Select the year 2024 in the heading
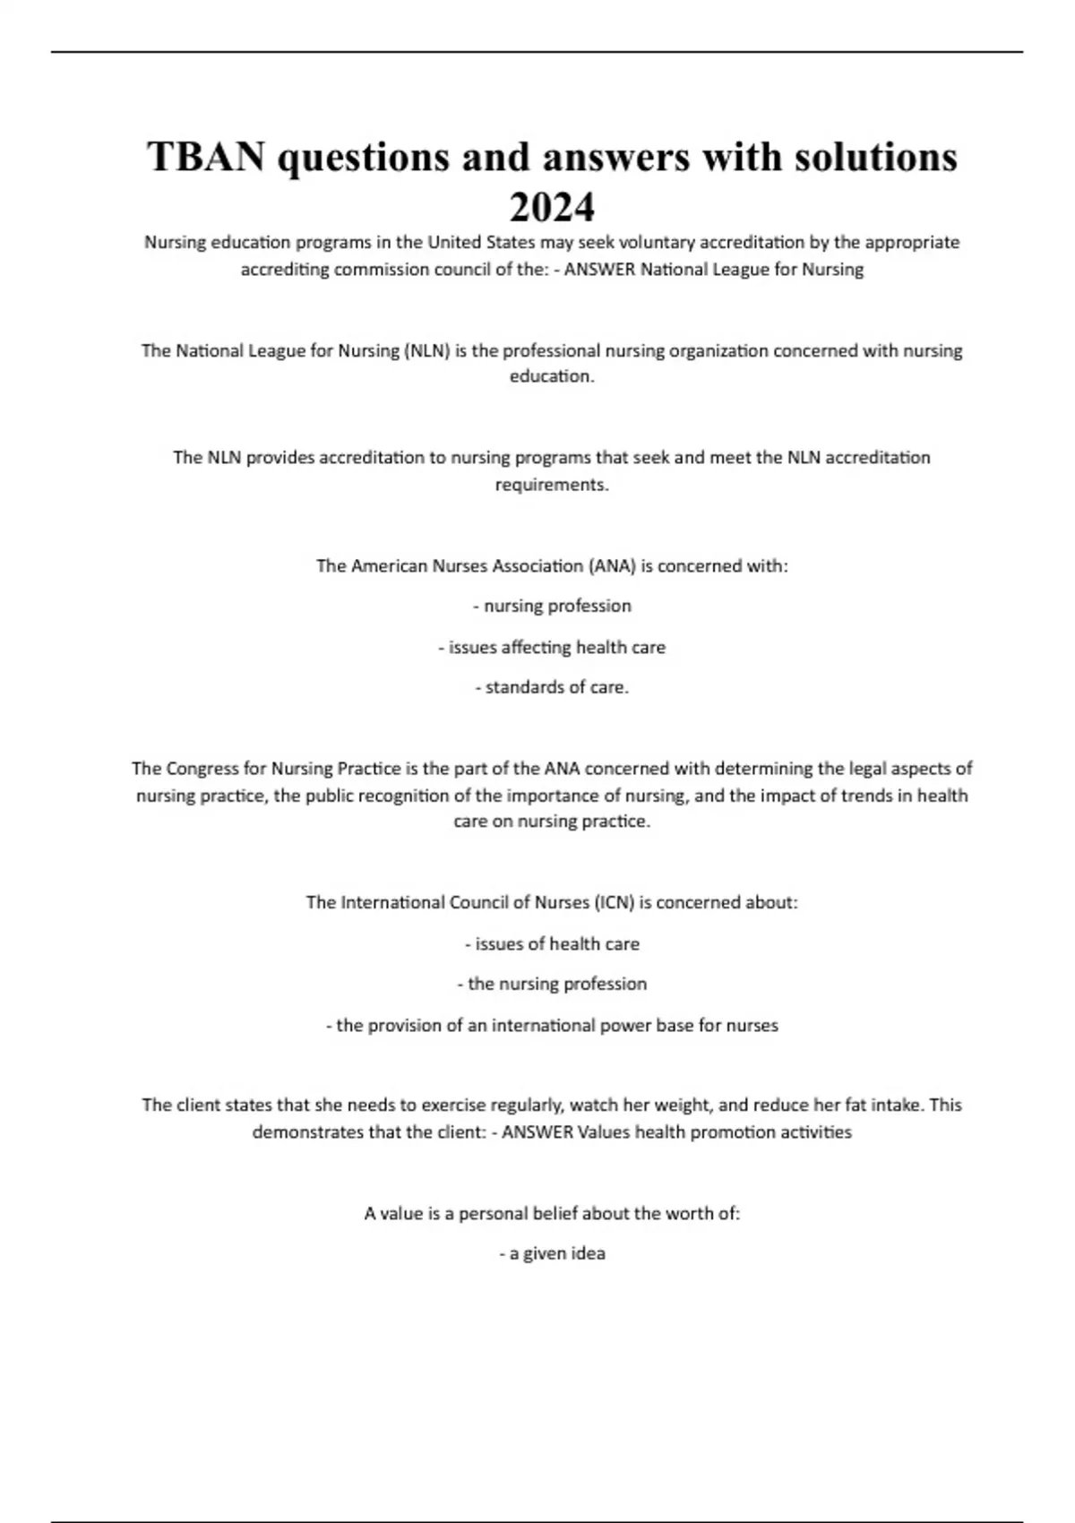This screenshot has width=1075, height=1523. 552,208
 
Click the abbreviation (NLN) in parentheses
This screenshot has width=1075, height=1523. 427,351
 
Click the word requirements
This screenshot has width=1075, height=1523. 552,485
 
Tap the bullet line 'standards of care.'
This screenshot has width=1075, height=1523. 552,688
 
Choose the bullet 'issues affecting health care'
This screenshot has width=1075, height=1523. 552,648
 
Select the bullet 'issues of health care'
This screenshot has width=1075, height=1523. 552,943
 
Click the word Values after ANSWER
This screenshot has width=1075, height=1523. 604,1132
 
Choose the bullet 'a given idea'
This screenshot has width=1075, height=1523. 552,1253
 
